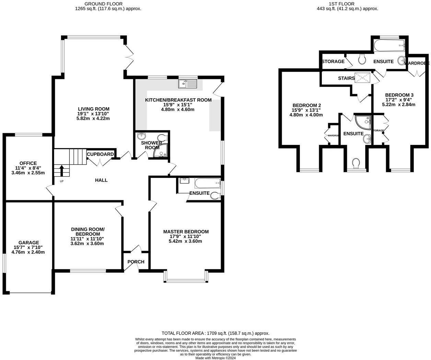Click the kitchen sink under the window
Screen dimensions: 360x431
click(187, 83)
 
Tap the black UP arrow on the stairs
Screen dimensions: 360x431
click(62, 170)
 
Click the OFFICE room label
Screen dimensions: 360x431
click(28, 163)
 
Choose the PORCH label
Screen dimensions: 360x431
click(136, 262)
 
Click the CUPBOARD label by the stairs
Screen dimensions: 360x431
click(100, 154)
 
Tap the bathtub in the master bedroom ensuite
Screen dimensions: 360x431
click(207, 183)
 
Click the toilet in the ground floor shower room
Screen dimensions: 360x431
click(162, 137)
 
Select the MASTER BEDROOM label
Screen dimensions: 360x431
click(186, 232)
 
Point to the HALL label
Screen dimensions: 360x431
click(101, 180)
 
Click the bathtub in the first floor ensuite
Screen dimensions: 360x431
click(389, 45)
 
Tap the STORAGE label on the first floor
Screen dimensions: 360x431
click(333, 61)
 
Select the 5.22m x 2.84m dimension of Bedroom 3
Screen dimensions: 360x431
click(399, 104)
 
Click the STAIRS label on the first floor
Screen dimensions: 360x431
click(346, 78)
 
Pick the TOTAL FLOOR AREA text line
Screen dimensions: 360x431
click(215, 333)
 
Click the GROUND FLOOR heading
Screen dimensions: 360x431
click(108, 4)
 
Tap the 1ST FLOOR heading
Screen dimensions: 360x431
click(347, 4)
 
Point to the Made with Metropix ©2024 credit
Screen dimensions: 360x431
click(215, 358)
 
